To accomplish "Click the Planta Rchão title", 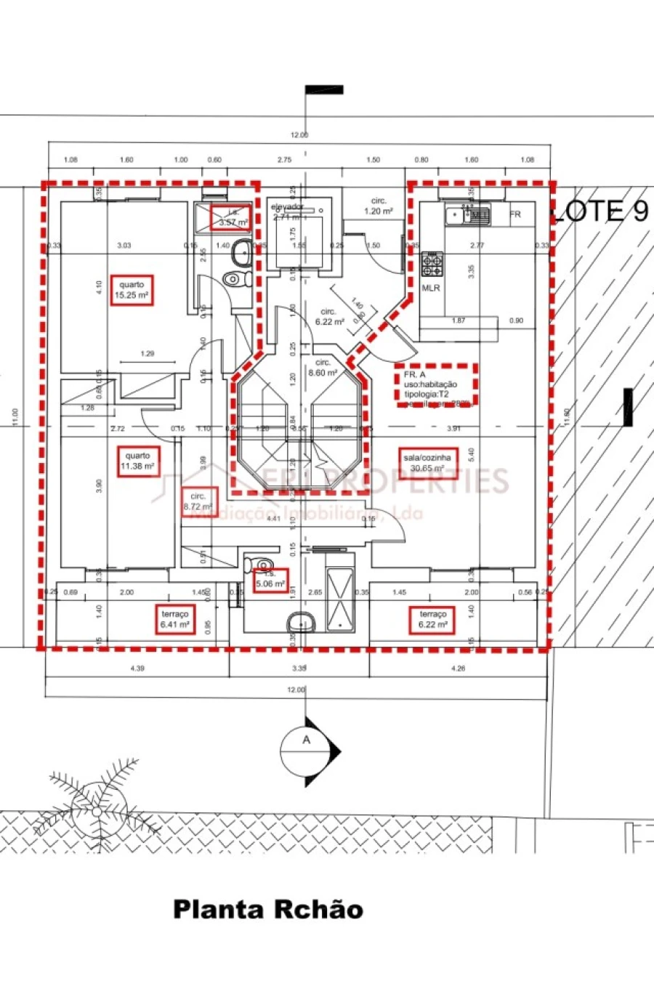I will [x=268, y=910].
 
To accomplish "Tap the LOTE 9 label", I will [x=599, y=211].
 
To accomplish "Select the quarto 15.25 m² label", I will [x=132, y=291].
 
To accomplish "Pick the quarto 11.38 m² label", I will [x=137, y=461].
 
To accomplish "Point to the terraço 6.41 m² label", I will [x=174, y=619].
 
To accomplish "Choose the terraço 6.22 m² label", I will [x=432, y=619].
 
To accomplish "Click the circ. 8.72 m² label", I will [x=198, y=501].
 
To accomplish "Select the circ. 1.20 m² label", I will [x=378, y=206].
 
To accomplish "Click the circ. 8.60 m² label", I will [x=323, y=368].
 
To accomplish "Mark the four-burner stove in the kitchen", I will [x=432, y=265].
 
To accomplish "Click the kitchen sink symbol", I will [x=459, y=214].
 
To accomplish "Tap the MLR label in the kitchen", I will [x=431, y=288].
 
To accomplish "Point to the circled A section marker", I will [x=307, y=740].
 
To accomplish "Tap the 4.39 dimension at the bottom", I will [x=136, y=668].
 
